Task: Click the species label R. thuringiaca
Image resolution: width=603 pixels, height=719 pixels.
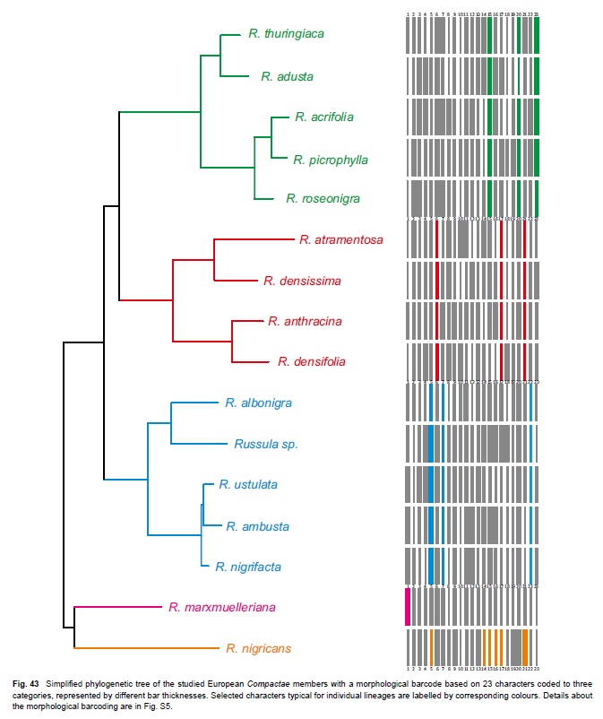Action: click(287, 34)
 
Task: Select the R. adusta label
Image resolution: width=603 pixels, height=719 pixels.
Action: click(287, 77)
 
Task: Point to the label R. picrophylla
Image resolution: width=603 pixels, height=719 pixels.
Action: click(331, 160)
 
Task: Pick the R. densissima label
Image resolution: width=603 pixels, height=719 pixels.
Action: click(302, 281)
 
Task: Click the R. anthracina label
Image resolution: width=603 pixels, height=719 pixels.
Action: click(306, 321)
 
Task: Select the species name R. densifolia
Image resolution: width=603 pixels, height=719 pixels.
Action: click(311, 362)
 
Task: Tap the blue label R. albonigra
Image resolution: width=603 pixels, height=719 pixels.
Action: click(259, 403)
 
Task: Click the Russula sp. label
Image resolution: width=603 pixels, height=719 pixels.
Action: click(265, 444)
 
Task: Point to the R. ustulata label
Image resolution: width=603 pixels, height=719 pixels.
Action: click(248, 485)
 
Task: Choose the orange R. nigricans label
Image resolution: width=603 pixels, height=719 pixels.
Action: click(258, 648)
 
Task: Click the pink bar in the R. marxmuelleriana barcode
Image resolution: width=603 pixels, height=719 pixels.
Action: click(409, 607)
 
